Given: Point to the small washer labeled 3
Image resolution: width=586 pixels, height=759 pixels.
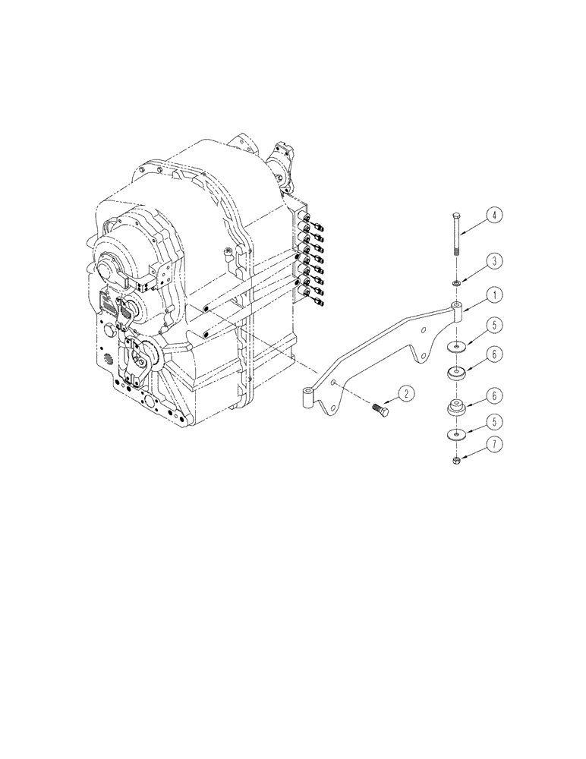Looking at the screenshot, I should pos(456,283).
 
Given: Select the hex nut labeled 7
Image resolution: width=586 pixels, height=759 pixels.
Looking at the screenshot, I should pos(455,460).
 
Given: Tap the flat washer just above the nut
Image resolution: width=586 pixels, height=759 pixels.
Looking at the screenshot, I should pos(456,436).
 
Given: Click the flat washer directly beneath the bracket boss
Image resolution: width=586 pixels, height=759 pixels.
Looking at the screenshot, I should pos(456,348).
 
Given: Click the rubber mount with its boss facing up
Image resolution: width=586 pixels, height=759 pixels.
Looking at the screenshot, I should pos(456,408).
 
